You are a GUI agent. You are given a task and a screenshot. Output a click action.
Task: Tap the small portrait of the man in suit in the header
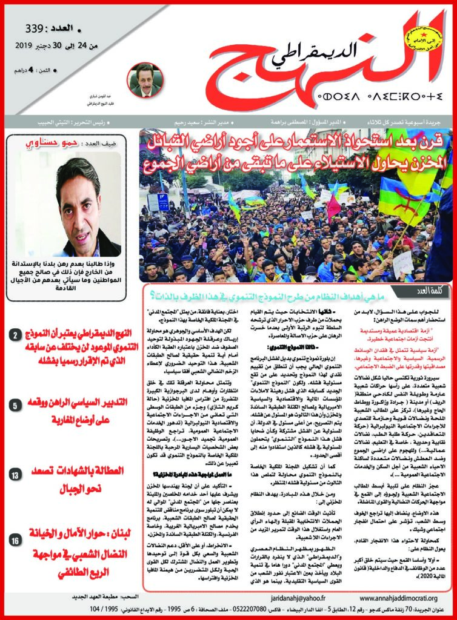coord(145,78)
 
